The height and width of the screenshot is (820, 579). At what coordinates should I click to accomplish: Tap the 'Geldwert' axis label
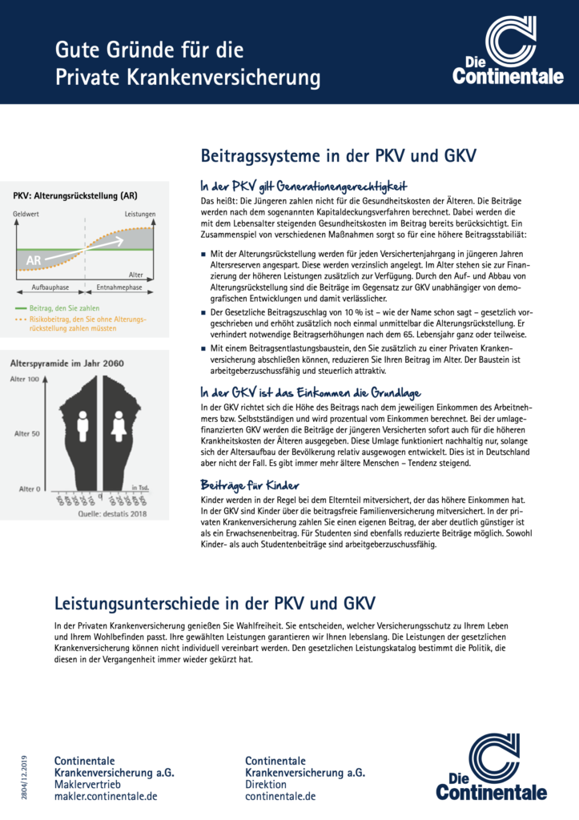point(26,215)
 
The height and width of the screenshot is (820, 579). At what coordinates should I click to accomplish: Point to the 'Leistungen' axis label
point(139,215)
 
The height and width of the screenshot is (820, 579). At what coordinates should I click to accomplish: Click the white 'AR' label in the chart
point(34,260)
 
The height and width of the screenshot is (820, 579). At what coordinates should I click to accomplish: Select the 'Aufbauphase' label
point(50,286)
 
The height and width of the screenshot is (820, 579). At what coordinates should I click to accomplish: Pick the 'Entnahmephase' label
point(119,286)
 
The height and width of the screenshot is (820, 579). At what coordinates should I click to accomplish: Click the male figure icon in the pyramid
point(82,425)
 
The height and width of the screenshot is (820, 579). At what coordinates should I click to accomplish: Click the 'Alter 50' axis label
point(27,433)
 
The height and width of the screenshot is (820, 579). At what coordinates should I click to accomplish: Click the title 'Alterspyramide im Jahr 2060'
point(66,363)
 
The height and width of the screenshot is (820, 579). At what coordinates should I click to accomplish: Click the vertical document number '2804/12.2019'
point(25,777)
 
